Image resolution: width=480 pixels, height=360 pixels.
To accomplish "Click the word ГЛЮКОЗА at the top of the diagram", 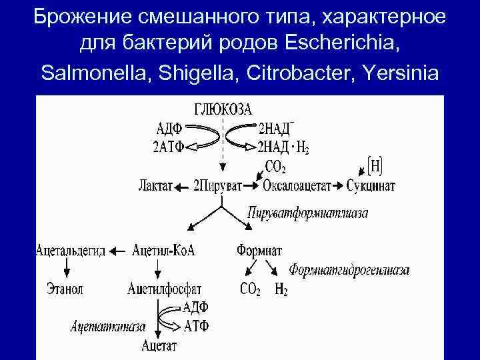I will (x=223, y=109).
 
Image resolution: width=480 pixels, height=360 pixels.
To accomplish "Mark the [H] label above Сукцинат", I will (x=375, y=163).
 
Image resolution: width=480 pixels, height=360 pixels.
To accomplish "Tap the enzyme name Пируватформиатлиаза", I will (x=307, y=213).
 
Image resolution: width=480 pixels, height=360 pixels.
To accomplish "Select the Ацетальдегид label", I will (x=70, y=251).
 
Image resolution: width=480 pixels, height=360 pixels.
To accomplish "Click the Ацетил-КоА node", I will (x=164, y=251).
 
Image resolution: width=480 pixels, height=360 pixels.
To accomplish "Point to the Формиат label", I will (x=259, y=251).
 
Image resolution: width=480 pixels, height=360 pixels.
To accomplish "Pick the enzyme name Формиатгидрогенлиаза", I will (x=349, y=270).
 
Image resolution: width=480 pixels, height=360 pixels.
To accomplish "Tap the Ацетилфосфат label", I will (x=163, y=289).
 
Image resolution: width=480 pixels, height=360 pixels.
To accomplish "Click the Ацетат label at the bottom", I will (x=161, y=345).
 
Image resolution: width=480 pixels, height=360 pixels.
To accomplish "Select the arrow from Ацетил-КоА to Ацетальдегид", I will (x=118, y=252).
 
